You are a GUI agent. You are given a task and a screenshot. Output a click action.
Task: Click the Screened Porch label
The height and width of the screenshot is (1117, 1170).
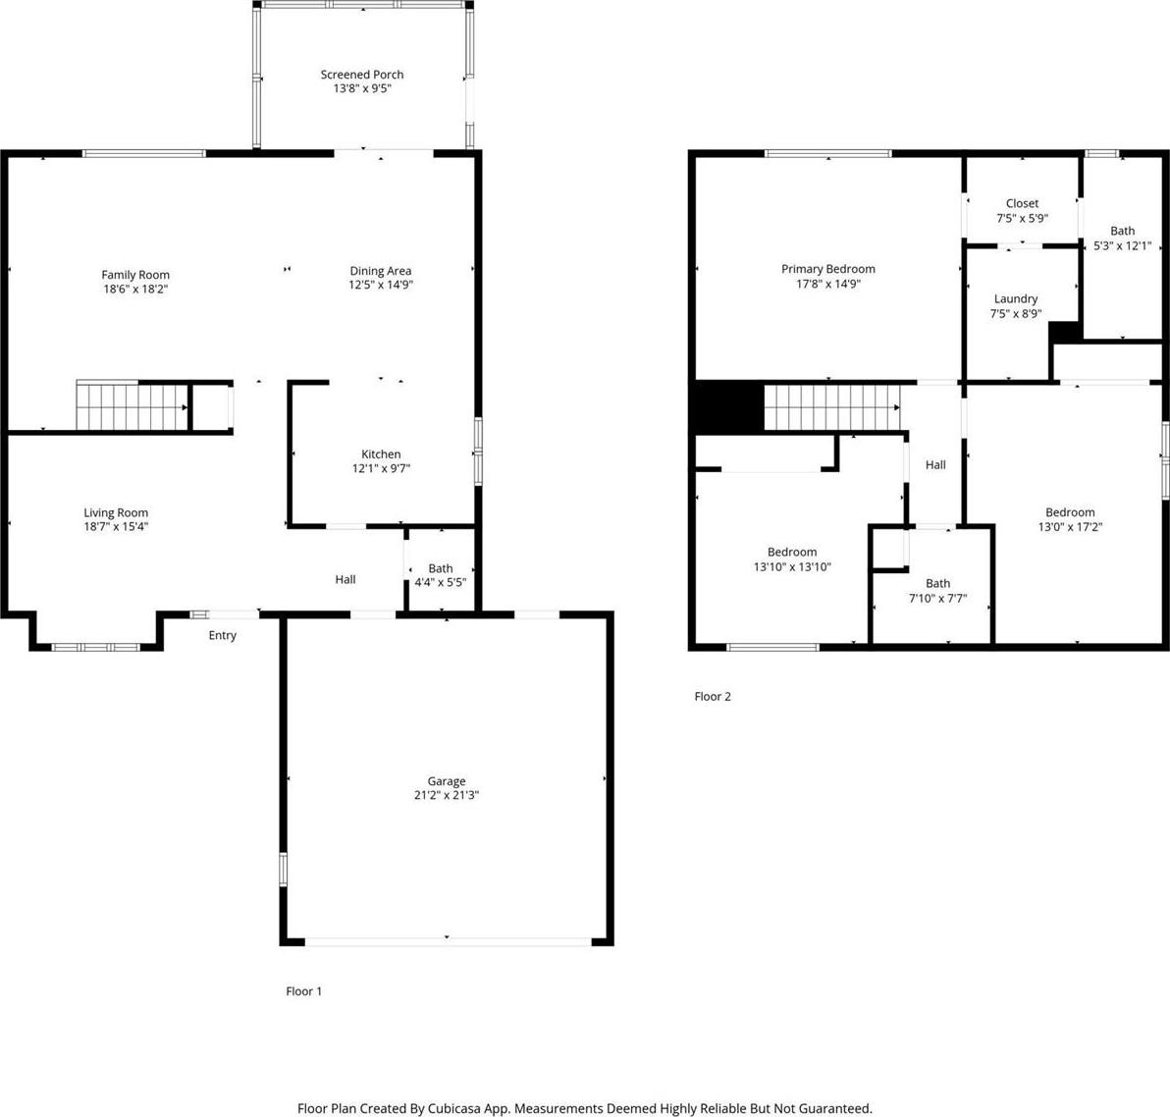(362, 75)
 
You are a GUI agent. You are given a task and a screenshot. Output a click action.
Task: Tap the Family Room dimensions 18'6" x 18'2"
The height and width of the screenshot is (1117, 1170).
(135, 289)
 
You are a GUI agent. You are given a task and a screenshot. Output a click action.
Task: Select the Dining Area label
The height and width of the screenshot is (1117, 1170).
(381, 271)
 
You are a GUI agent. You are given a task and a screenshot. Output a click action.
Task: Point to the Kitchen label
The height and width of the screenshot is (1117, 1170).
(381, 453)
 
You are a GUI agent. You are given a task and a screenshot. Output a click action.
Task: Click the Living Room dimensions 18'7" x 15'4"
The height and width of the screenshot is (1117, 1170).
(116, 526)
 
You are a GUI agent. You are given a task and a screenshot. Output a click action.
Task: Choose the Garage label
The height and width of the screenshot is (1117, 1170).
(447, 781)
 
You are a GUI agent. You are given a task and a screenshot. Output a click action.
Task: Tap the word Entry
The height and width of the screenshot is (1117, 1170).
(223, 635)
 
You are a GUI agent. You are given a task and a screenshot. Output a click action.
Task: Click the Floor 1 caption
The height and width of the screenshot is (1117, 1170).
(303, 991)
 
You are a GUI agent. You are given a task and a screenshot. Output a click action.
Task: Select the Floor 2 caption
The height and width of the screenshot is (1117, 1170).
(713, 696)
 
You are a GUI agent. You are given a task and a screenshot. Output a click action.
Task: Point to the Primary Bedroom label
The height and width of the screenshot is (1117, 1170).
(828, 269)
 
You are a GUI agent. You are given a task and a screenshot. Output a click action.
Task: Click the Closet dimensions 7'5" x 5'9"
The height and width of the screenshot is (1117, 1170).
(1022, 218)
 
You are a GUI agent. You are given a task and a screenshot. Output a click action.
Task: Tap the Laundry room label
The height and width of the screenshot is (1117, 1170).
(1016, 298)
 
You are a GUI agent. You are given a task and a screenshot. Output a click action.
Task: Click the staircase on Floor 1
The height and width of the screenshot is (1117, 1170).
(133, 406)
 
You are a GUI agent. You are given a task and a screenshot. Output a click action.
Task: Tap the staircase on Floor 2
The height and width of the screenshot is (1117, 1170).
(832, 407)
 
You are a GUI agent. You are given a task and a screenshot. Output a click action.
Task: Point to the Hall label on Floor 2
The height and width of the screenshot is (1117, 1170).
(935, 465)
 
